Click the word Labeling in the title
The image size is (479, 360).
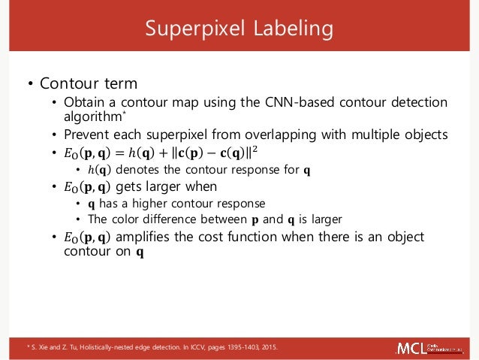coord(289,29)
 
